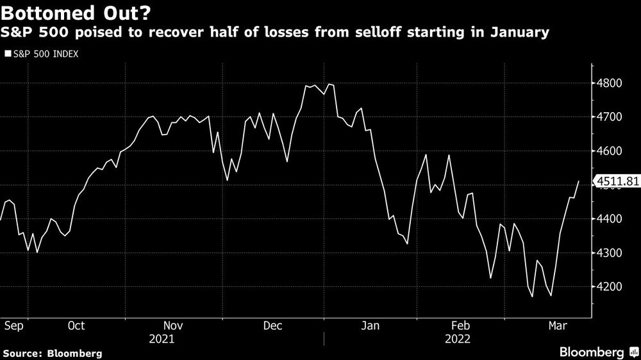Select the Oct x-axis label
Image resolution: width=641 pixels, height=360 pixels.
click(x=76, y=325)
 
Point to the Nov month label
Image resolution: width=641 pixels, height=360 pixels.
click(x=174, y=325)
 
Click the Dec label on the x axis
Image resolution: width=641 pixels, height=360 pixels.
click(x=273, y=325)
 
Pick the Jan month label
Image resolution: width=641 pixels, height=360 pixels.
click(x=371, y=325)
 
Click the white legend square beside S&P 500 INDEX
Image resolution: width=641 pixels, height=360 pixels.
click(x=7, y=55)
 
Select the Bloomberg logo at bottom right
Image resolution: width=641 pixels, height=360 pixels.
click(x=593, y=352)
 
